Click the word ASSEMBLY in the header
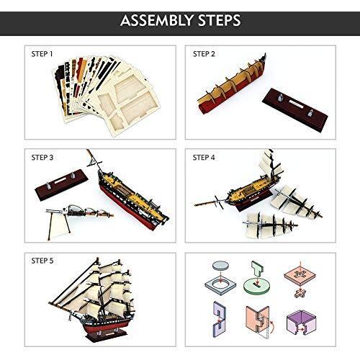tap(157, 20)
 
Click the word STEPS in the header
tap(219, 20)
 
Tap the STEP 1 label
tap(42, 54)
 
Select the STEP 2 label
tap(204, 54)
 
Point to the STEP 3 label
tap(42, 158)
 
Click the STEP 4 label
tap(204, 158)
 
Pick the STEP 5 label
tap(42, 261)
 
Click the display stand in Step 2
tap(295, 106)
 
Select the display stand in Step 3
tap(61, 184)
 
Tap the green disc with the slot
tap(256, 287)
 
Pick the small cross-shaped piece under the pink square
tap(300, 293)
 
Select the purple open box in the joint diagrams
tap(302, 323)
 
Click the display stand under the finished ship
tap(106, 335)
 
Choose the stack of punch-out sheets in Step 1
tap(106, 95)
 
